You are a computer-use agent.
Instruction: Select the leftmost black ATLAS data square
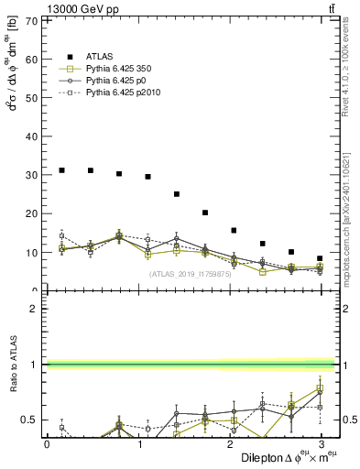pyautogui.click(x=61, y=170)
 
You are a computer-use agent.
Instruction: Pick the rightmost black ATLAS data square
pyautogui.click(x=320, y=258)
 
